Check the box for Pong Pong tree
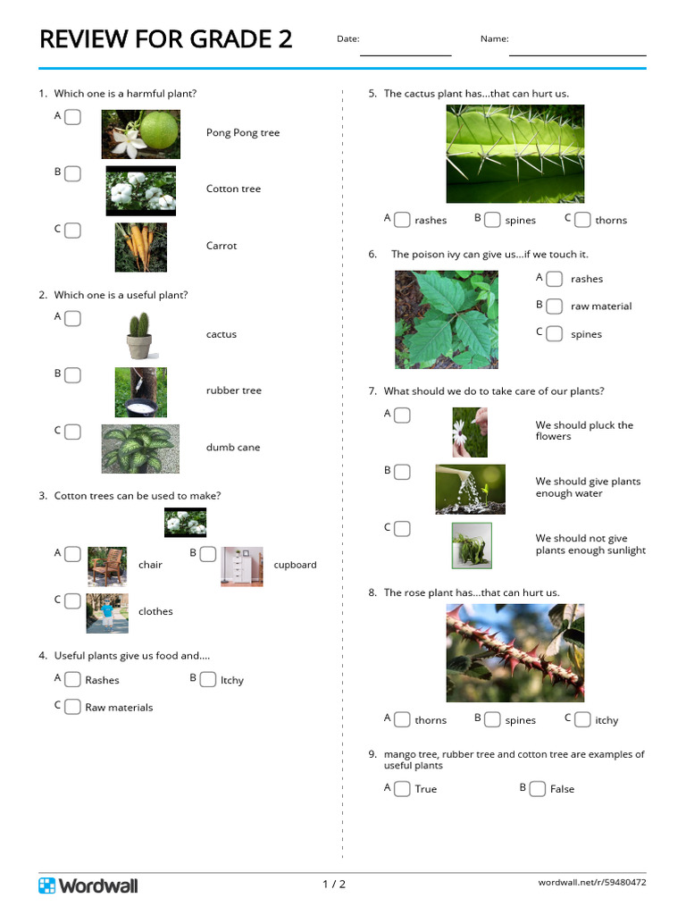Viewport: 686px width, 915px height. [73, 117]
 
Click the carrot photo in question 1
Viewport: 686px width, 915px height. [140, 248]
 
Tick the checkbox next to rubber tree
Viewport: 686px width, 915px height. [73, 375]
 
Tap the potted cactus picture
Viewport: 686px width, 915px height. [140, 336]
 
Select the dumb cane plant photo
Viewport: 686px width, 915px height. [140, 449]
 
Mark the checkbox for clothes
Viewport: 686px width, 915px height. [73, 601]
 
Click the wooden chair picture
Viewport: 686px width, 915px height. [107, 567]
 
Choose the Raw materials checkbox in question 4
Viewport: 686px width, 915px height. [73, 707]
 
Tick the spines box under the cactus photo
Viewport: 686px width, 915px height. [493, 220]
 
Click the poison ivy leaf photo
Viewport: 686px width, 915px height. [447, 320]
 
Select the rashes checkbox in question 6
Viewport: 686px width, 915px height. [555, 279]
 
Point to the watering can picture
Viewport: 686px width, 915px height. [470, 489]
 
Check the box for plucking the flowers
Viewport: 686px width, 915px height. [403, 415]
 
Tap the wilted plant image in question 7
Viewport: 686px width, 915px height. [472, 546]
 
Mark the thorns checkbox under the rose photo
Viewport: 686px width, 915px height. [403, 719]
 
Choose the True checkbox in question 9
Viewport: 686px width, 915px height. [403, 788]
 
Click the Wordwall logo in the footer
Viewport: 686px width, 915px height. [88, 886]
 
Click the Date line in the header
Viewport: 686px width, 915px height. [406, 55]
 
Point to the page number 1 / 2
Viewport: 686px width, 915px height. [334, 884]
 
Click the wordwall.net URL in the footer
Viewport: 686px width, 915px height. [592, 882]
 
